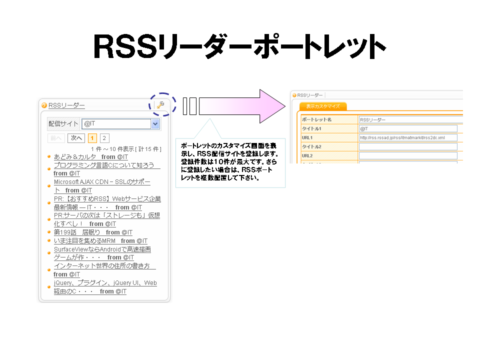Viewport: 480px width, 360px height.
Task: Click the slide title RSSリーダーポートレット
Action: pyautogui.click(x=239, y=47)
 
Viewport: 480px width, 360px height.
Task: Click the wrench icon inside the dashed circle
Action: pyautogui.click(x=160, y=105)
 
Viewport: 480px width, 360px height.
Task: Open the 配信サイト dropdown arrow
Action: pyautogui.click(x=155, y=123)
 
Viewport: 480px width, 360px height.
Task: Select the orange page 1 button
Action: pyautogui.click(x=92, y=138)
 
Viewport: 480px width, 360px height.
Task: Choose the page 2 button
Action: pyautogui.click(x=104, y=138)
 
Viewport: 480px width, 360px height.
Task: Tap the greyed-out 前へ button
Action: pyautogui.click(x=56, y=138)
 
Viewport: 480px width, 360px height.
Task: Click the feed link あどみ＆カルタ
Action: pyautogui.click(x=75, y=157)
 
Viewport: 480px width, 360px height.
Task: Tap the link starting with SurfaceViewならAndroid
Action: pyautogui.click(x=102, y=249)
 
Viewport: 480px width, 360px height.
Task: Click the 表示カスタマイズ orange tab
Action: pyautogui.click(x=323, y=106)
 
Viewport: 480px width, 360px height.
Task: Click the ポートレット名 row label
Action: pyautogui.click(x=317, y=120)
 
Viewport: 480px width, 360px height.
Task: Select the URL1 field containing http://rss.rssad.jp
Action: pyautogui.click(x=408, y=137)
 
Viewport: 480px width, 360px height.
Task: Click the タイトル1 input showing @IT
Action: pyautogui.click(x=408, y=128)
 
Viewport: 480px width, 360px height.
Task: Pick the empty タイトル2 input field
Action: pyautogui.click(x=408, y=146)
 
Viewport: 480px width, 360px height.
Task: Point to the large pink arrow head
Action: pyautogui.click(x=272, y=106)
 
